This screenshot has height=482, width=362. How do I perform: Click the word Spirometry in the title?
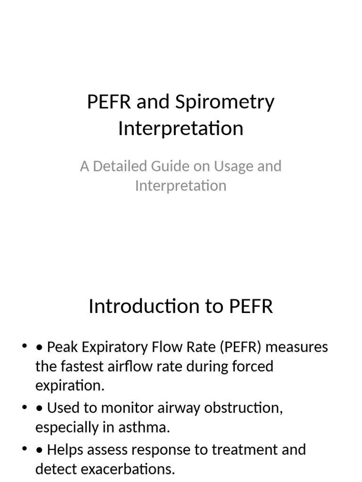click(224, 103)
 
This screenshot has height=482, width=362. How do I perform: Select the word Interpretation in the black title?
click(181, 129)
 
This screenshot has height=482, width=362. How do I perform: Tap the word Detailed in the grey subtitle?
click(119, 166)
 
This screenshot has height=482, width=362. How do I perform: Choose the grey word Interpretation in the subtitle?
click(181, 185)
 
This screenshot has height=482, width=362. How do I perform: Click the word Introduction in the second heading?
click(145, 306)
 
